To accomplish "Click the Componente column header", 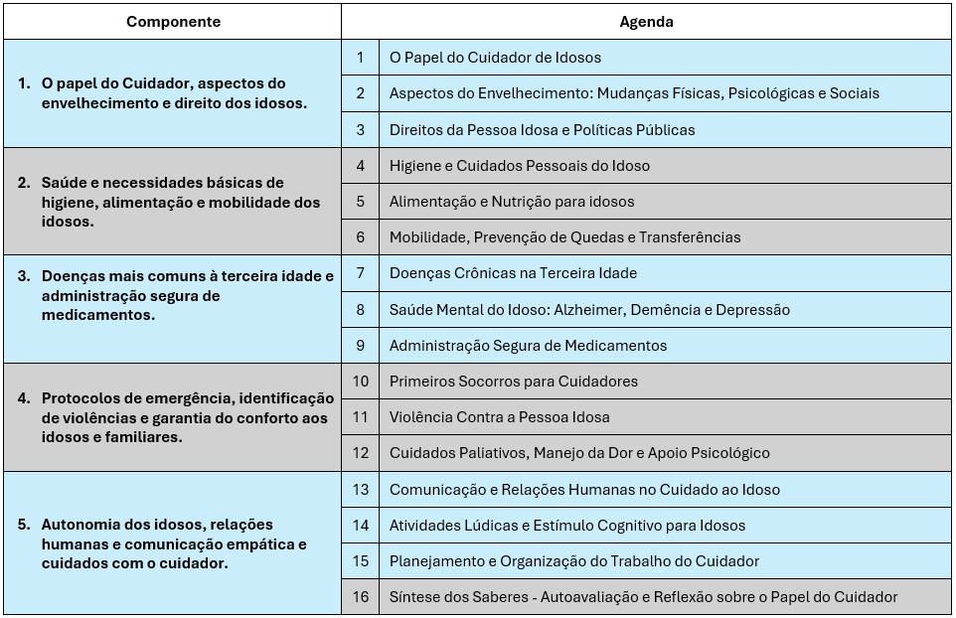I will point(173,21).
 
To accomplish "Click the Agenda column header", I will point(646,21).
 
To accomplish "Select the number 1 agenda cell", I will point(360,58).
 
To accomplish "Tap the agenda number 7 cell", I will point(360,273).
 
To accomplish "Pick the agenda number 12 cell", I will point(360,453).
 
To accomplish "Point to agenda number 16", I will point(360,597).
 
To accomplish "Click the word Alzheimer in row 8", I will point(587,310).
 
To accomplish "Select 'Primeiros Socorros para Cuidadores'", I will point(513,382).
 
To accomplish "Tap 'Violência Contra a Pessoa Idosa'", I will point(499,417).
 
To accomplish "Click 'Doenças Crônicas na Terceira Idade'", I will point(513,273).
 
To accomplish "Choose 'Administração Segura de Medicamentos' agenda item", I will point(528,346).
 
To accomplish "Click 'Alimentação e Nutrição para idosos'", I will point(511,202).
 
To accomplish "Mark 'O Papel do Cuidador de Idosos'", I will point(495,58).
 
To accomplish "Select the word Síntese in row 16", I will point(413,597).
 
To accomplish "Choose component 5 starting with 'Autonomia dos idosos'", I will point(174,543).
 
